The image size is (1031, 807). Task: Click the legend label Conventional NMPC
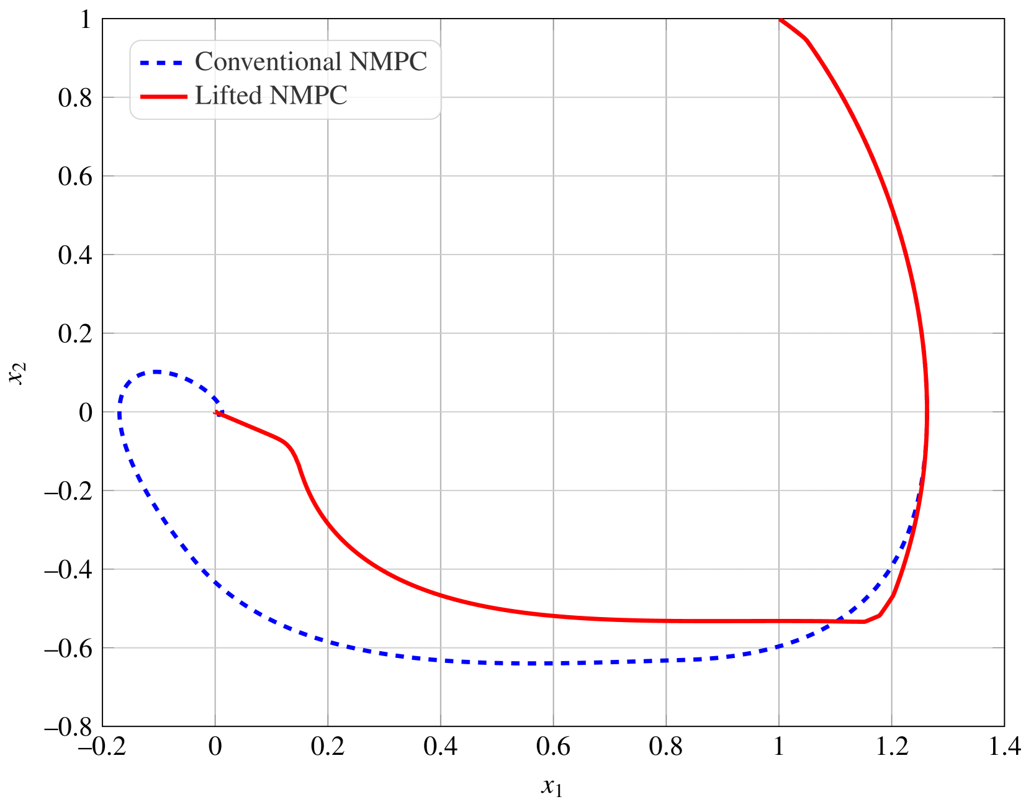click(x=311, y=62)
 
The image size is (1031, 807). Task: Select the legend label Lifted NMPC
click(x=271, y=96)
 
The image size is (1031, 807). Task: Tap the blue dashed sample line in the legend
click(x=161, y=63)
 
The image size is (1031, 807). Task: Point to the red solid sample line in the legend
click(x=163, y=96)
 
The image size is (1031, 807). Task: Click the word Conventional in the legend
click(x=269, y=62)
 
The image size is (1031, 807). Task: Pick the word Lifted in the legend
click(x=229, y=96)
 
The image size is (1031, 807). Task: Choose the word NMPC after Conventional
click(x=389, y=62)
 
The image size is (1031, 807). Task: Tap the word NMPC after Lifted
click(x=308, y=96)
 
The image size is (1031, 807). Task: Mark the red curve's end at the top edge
click(x=780, y=20)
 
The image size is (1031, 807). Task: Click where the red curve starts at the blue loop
click(x=215, y=412)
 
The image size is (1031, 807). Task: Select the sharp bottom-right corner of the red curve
click(x=865, y=621)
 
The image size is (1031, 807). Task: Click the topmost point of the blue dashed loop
click(x=156, y=372)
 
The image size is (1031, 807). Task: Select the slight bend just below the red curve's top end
click(x=806, y=39)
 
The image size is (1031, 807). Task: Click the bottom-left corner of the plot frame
click(x=103, y=726)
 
